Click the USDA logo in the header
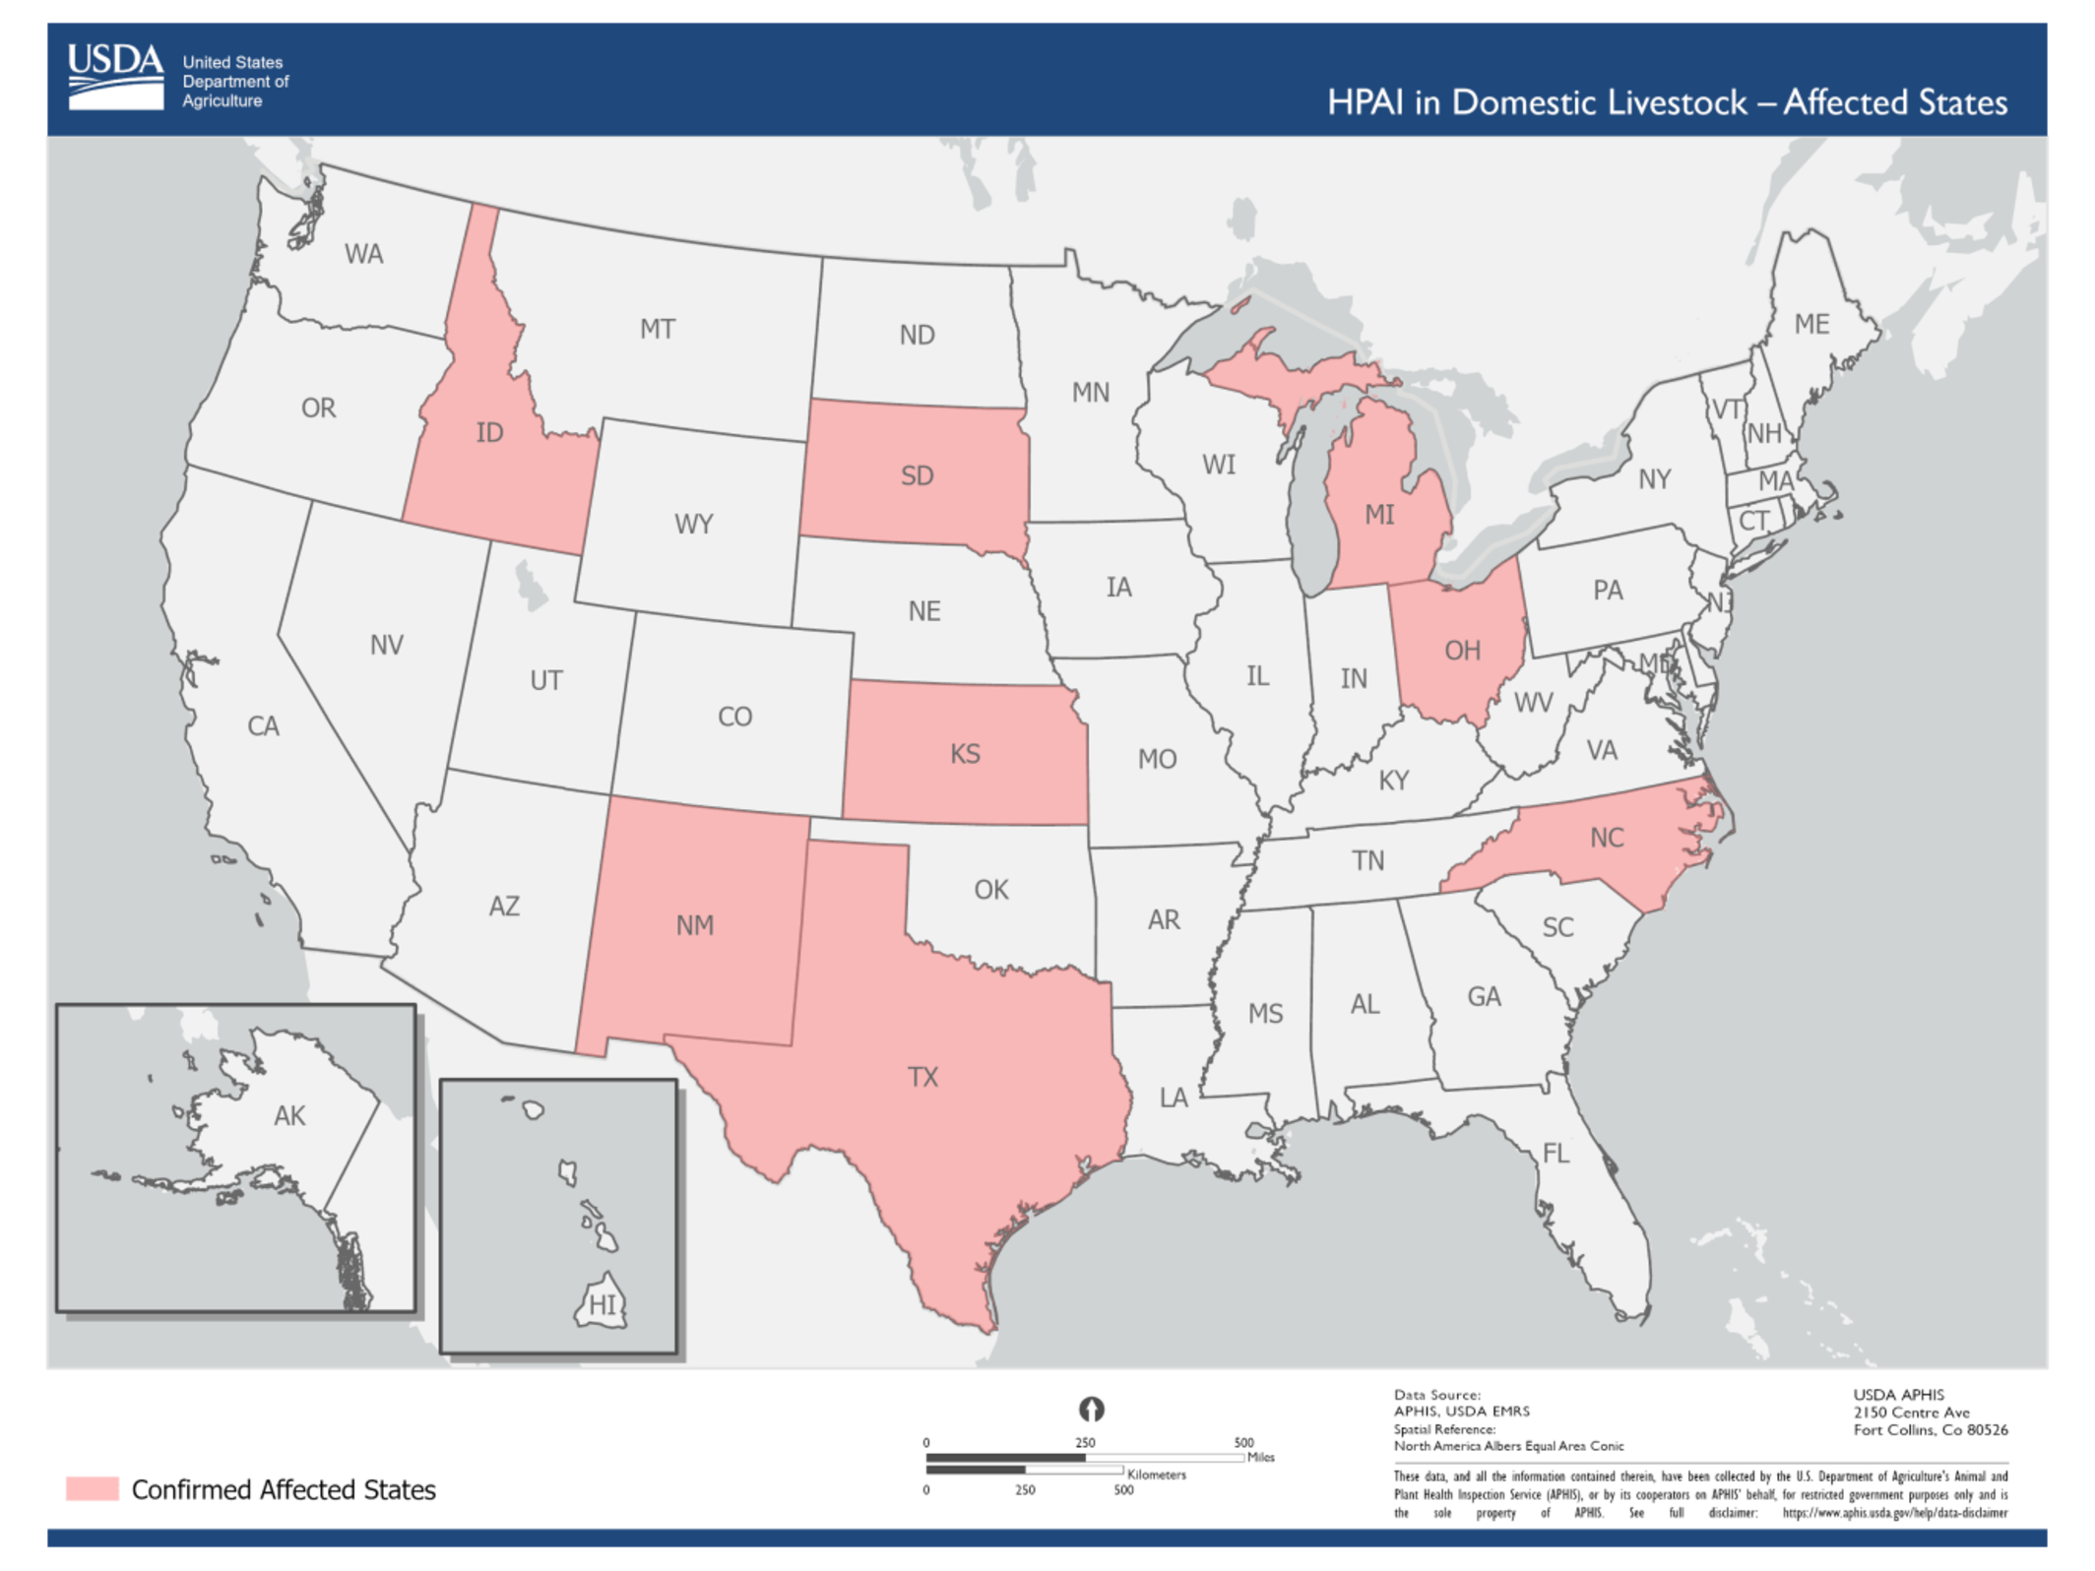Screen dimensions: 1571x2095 [115, 76]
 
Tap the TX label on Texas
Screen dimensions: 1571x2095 [922, 1077]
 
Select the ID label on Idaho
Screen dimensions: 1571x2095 [489, 433]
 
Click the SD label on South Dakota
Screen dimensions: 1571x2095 [917, 476]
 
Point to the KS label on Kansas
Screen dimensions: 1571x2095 [965, 755]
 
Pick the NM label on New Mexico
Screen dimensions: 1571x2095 [694, 926]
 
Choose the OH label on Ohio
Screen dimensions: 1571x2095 [1462, 651]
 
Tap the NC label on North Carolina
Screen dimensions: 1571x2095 [1607, 839]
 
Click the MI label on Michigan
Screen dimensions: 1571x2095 [1379, 515]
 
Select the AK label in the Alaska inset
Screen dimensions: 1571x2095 [289, 1116]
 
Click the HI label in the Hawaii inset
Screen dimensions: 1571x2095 [603, 1306]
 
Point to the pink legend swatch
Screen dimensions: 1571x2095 [93, 1488]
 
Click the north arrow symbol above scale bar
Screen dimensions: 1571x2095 [1091, 1410]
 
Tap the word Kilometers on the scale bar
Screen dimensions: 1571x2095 [1156, 1475]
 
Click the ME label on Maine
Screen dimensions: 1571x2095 [1811, 325]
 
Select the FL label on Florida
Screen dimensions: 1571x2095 [1555, 1154]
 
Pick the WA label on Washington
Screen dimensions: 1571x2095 [363, 255]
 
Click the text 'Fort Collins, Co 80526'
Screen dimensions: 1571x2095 [1930, 1430]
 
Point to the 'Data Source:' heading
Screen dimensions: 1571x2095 [1436, 1395]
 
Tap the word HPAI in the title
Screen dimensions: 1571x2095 [1365, 102]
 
